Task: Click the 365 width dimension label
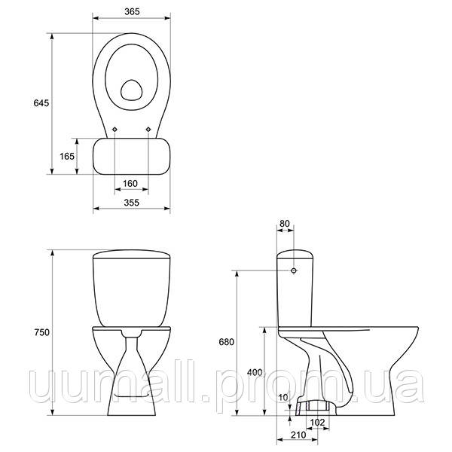click(x=132, y=11)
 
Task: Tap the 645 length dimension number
click(x=41, y=103)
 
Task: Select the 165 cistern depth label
click(x=67, y=156)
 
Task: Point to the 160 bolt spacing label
click(x=130, y=184)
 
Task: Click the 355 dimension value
click(x=131, y=203)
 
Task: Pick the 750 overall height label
click(x=41, y=332)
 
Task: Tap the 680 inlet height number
click(x=227, y=342)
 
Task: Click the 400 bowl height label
click(x=255, y=372)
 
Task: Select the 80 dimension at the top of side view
click(x=285, y=224)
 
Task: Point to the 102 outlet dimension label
click(x=317, y=423)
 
